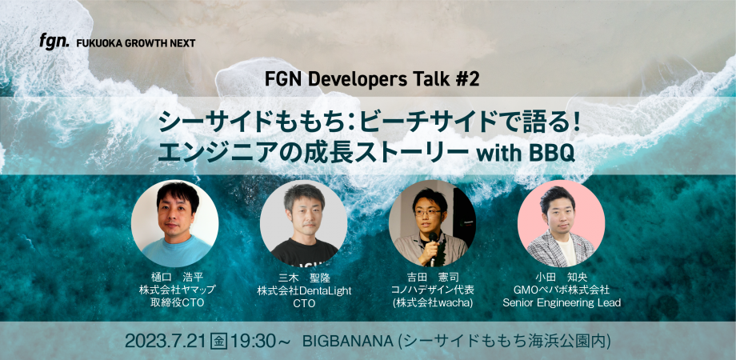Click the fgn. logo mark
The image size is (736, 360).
(55, 42)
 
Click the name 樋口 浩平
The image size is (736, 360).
(175, 276)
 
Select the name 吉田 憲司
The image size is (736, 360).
(432, 276)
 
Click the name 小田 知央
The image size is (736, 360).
(561, 276)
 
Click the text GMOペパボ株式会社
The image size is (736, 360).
(561, 290)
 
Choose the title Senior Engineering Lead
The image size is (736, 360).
(561, 303)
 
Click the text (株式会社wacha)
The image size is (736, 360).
(432, 303)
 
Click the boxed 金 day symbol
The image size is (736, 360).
(218, 341)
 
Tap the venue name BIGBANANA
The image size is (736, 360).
(349, 341)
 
